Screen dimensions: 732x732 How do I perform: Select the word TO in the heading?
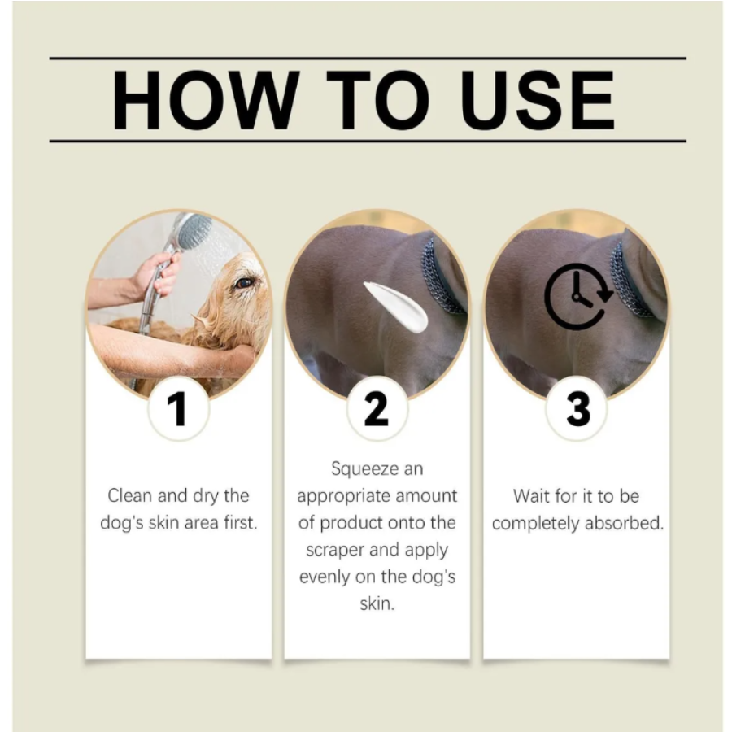(377, 99)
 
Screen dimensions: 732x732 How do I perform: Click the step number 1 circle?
(178, 409)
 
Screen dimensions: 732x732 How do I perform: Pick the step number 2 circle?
(377, 409)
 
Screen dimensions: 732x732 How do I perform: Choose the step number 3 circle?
(577, 409)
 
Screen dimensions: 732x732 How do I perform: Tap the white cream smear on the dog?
(396, 307)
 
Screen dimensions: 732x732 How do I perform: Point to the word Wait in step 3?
(532, 496)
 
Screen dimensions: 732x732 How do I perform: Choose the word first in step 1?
(241, 522)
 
